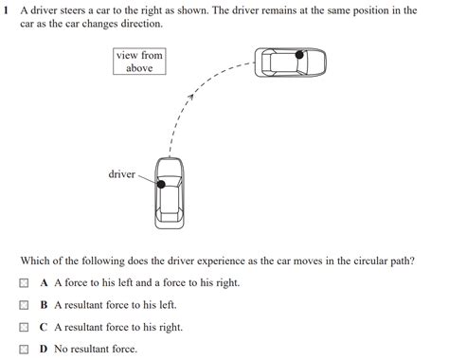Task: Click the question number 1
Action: [x=7, y=10]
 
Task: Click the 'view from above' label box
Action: [x=139, y=62]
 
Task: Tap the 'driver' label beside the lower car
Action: [x=121, y=174]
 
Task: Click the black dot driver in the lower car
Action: [x=162, y=182]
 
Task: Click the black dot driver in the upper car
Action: [x=299, y=55]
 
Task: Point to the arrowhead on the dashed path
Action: [x=192, y=94]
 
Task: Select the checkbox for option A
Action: [x=24, y=283]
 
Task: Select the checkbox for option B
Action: [x=24, y=305]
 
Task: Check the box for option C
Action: [x=24, y=328]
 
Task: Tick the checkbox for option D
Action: [x=24, y=350]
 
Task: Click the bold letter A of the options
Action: [x=44, y=283]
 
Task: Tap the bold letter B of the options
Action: [x=44, y=305]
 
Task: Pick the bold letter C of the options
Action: [x=44, y=328]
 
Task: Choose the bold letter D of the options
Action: [x=44, y=350]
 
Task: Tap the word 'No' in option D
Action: [x=62, y=350]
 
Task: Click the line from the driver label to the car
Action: [x=147, y=178]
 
